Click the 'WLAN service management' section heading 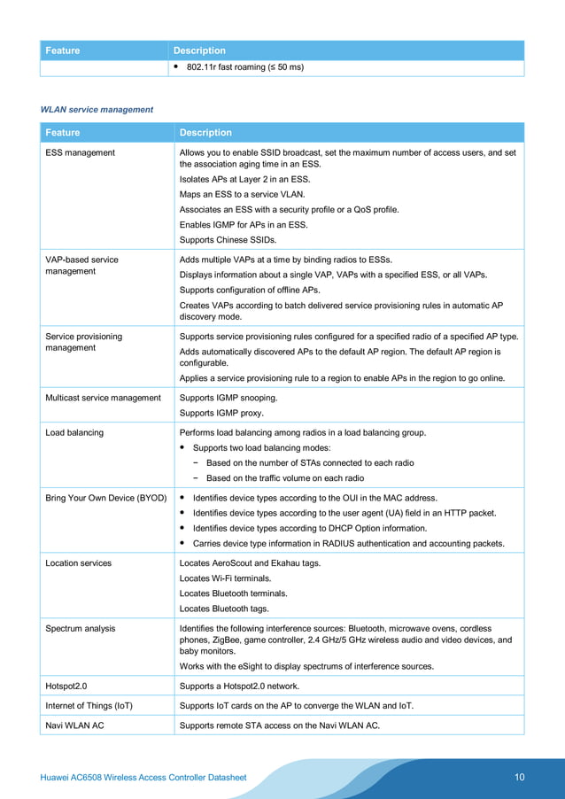tap(97, 110)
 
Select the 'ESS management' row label tap(80, 152)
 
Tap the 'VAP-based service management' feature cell tap(81, 266)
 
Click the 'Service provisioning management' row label tap(83, 342)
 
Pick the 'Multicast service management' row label tap(103, 398)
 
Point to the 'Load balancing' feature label tap(74, 432)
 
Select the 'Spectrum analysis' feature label tap(81, 628)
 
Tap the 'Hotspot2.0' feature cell tap(70, 686)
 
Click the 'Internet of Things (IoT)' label tap(89, 705)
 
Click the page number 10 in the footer tap(519, 778)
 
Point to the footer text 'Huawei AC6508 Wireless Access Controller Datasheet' tap(143, 778)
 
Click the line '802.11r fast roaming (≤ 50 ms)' tap(244, 67)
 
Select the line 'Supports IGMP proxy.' tap(221, 413)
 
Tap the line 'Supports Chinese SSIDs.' tap(228, 240)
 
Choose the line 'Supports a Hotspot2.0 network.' tap(239, 686)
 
